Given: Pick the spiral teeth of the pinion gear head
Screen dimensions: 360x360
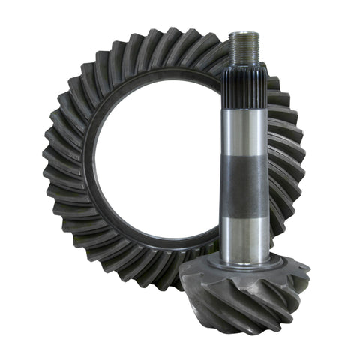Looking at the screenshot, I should [x=247, y=296].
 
